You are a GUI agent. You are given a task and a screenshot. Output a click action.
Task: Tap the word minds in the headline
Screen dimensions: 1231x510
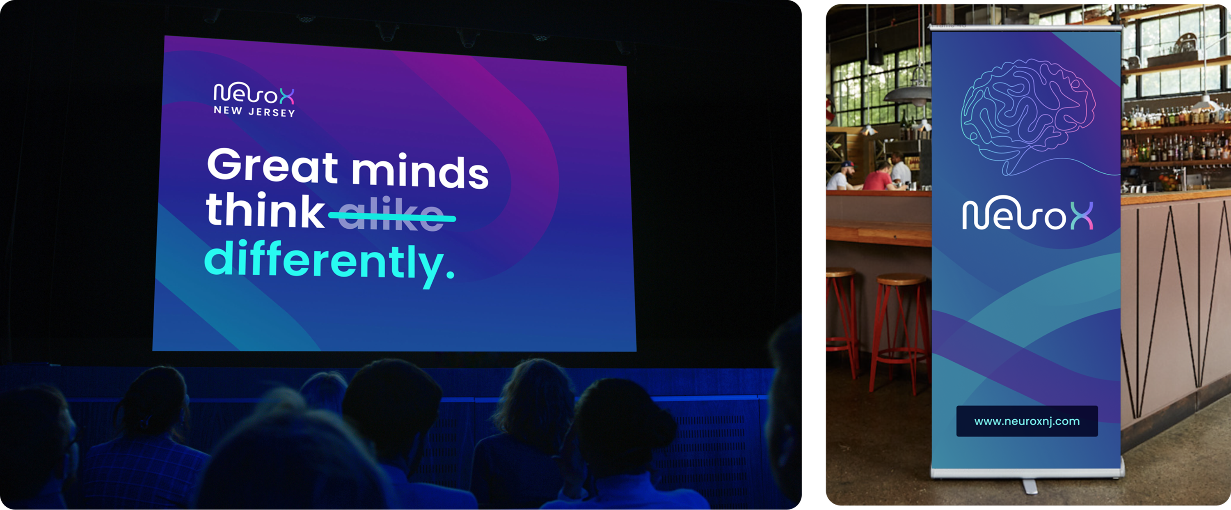click(420, 171)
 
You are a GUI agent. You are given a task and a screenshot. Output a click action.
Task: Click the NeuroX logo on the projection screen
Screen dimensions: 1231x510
click(254, 93)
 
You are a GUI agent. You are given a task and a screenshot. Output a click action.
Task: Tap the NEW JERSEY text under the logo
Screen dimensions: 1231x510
click(254, 111)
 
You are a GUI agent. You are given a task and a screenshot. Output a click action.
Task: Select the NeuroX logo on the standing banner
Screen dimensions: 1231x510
click(1027, 214)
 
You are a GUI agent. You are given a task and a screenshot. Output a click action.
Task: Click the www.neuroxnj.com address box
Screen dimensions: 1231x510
click(1027, 421)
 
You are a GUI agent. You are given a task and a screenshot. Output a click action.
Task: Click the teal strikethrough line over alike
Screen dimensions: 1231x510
click(392, 216)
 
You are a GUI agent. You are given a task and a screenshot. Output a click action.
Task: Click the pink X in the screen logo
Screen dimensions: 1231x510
click(287, 96)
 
